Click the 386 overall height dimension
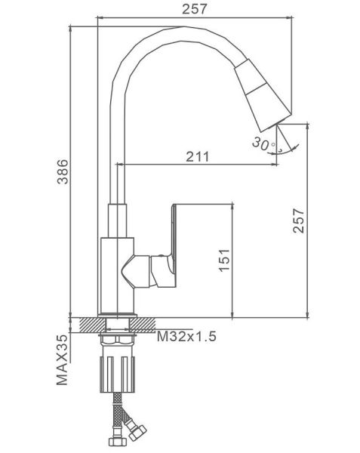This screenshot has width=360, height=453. (63, 171)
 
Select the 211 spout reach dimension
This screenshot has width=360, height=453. (198, 156)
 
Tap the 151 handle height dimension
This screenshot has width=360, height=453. (225, 260)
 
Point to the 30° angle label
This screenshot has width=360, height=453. (263, 144)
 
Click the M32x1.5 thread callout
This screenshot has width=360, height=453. (186, 336)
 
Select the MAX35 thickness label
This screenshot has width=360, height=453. (62, 360)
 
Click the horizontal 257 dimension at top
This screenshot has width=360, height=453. (195, 9)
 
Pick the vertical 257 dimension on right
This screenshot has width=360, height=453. (299, 220)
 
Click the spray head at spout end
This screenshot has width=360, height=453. (263, 95)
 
